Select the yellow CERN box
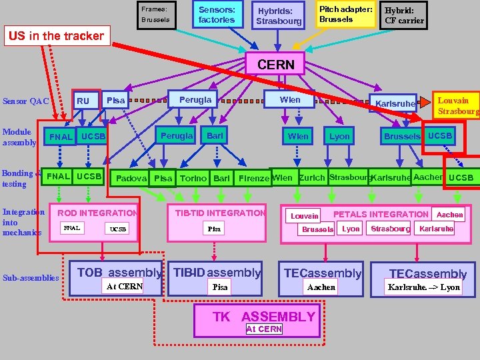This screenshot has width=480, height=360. tap(275, 65)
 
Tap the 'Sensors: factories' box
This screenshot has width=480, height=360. tap(217, 15)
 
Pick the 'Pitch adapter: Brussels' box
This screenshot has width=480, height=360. tap(345, 14)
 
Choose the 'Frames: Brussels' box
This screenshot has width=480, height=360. tap(155, 15)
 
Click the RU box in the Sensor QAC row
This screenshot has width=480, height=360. tap(83, 101)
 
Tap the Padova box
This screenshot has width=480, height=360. tap(131, 178)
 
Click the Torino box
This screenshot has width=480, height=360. tap(193, 178)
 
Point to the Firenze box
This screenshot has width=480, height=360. tap(253, 178)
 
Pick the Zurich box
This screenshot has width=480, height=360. tap(311, 178)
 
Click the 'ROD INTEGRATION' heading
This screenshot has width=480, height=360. tap(97, 213)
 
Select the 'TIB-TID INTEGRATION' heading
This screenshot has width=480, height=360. tap(220, 213)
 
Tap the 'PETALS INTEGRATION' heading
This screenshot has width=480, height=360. tap(381, 214)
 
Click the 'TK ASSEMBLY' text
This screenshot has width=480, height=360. tap(263, 317)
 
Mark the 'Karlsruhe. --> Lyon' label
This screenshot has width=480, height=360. tap(423, 287)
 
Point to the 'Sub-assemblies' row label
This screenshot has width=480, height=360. tap(30, 277)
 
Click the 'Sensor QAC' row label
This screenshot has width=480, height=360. tap(26, 101)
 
